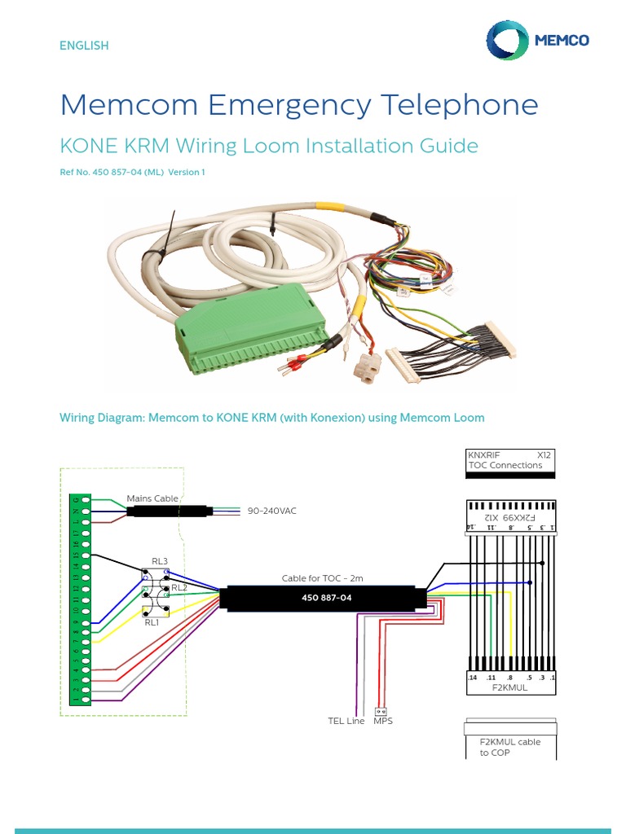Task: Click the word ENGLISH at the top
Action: click(83, 46)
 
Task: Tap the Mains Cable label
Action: click(152, 498)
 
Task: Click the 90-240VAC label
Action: click(272, 511)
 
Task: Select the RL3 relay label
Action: click(159, 561)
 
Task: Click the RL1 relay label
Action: click(152, 622)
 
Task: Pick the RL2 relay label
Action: click(179, 587)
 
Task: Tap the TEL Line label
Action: click(346, 721)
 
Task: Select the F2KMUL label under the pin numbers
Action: click(509, 687)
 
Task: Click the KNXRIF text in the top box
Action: click(484, 454)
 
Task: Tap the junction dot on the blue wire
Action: click(531, 582)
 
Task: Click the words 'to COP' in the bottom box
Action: click(495, 753)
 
